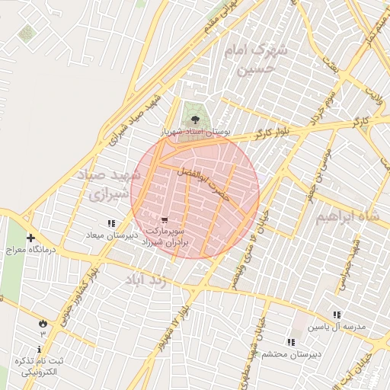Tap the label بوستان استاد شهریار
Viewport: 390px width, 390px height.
(196, 132)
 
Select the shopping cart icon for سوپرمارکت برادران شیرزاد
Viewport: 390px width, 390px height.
(165, 220)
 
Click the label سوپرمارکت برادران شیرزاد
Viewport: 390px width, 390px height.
(165, 237)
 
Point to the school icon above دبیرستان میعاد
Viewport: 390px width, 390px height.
(111, 223)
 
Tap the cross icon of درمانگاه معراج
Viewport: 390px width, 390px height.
(30, 238)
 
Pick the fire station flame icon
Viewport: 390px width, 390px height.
(42, 323)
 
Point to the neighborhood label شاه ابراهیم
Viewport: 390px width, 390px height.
(347, 217)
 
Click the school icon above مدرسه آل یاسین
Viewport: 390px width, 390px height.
(337, 315)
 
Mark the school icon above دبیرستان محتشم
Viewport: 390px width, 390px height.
(290, 343)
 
